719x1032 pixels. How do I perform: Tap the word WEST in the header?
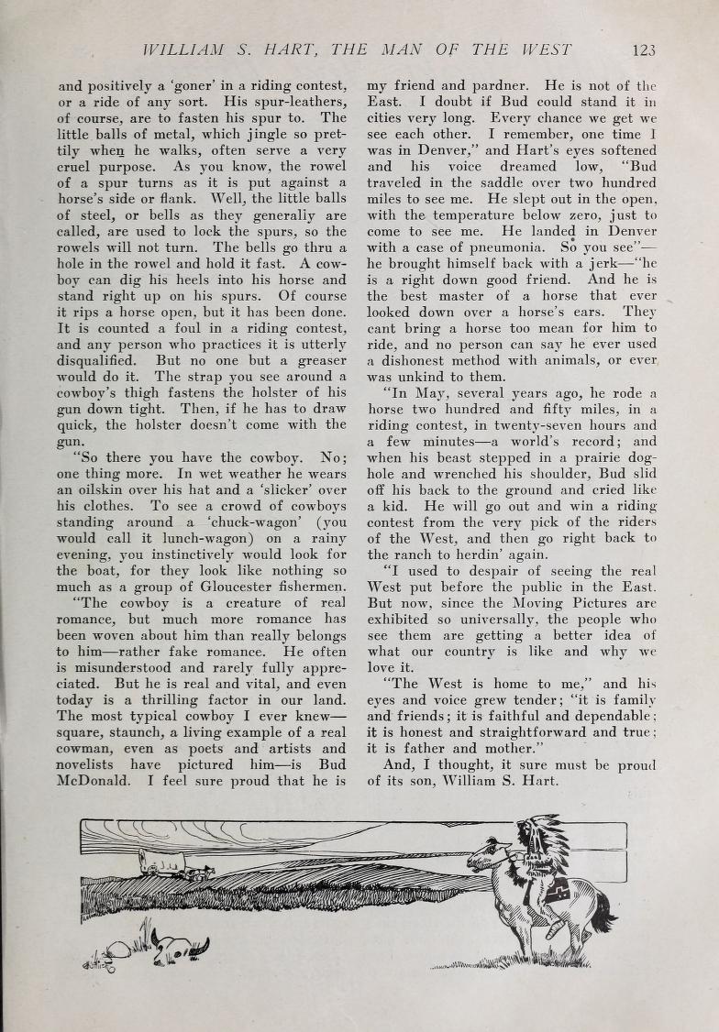coord(541,49)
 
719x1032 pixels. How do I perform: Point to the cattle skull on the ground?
coord(181,944)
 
